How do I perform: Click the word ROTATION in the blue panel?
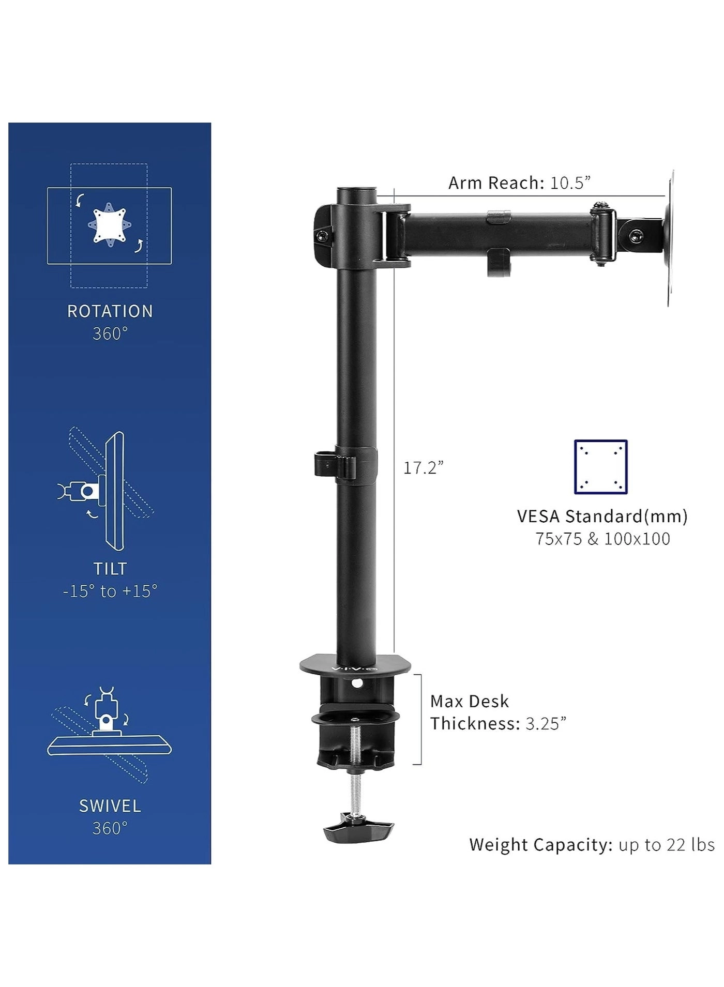coord(110,311)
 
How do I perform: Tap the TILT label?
coord(110,569)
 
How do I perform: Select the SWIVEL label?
coord(110,806)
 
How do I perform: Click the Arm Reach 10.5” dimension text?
coord(519,183)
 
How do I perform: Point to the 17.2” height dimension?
coord(424,468)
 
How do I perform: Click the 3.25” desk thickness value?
coord(546,723)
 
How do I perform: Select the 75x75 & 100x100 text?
coord(602,539)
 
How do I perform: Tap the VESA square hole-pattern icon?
coord(601,467)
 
